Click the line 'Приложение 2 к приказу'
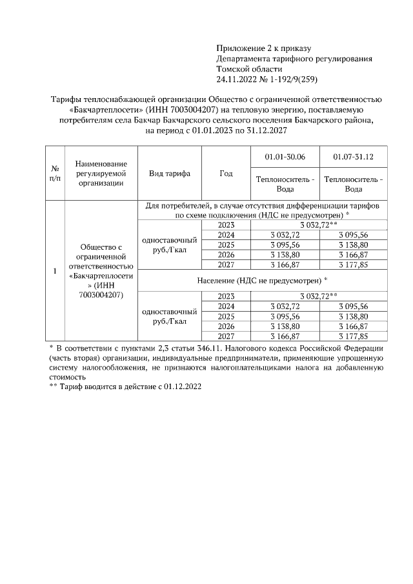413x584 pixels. [x=264, y=48]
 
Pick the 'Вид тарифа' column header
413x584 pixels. [x=170, y=174]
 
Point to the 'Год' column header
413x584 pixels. [x=226, y=174]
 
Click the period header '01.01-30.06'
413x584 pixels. [x=285, y=157]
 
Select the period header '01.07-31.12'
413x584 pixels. [x=353, y=157]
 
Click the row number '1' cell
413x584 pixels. [x=55, y=271]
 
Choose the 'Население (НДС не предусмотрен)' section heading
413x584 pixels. [x=262, y=281]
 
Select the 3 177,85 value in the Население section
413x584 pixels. [x=353, y=336]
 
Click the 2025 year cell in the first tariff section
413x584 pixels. [x=226, y=245]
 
